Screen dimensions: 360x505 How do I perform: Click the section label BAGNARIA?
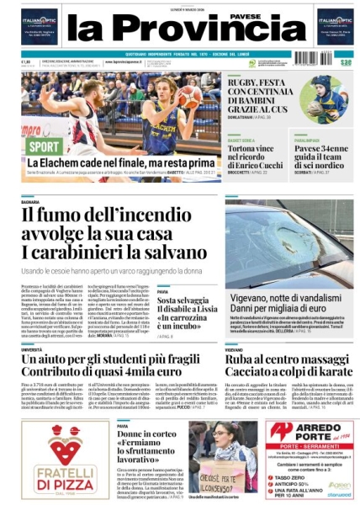coord(31,203)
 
